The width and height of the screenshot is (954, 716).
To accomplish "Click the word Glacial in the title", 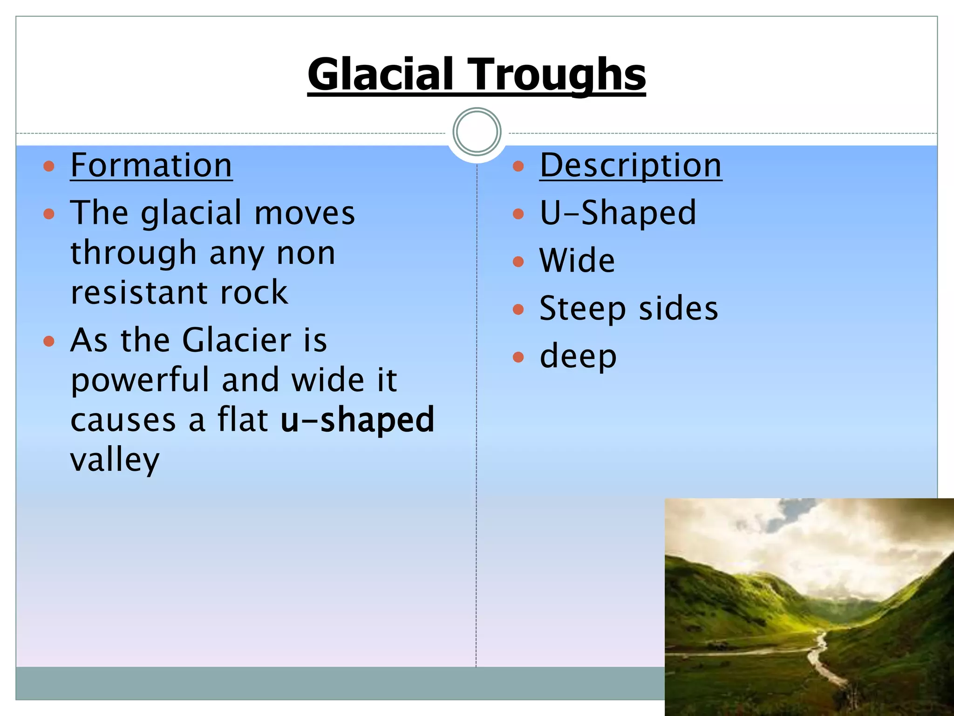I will (x=380, y=75).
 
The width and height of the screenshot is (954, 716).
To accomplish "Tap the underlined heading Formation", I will (x=151, y=165).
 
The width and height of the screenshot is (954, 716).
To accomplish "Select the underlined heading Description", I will (x=630, y=165).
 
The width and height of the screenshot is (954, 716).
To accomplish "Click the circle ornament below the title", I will (x=477, y=132).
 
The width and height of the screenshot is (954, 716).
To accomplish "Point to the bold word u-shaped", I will (x=357, y=419).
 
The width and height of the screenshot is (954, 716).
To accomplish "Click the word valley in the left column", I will (x=115, y=460).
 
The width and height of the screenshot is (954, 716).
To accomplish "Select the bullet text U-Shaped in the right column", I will (x=618, y=213).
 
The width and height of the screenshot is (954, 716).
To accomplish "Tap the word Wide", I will (x=577, y=261).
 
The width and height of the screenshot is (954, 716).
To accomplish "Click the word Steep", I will (x=582, y=309).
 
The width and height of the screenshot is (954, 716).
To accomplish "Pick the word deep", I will (x=578, y=357).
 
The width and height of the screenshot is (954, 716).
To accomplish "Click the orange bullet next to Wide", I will (x=518, y=262).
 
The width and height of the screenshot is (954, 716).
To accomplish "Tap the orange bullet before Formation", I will (x=49, y=166).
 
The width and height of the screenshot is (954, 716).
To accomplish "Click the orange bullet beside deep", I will (x=518, y=357).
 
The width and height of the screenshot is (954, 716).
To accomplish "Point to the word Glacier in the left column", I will (x=237, y=340).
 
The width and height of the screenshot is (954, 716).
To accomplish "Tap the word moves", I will (x=305, y=213).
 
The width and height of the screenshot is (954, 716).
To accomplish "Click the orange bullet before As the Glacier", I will (x=49, y=341).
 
